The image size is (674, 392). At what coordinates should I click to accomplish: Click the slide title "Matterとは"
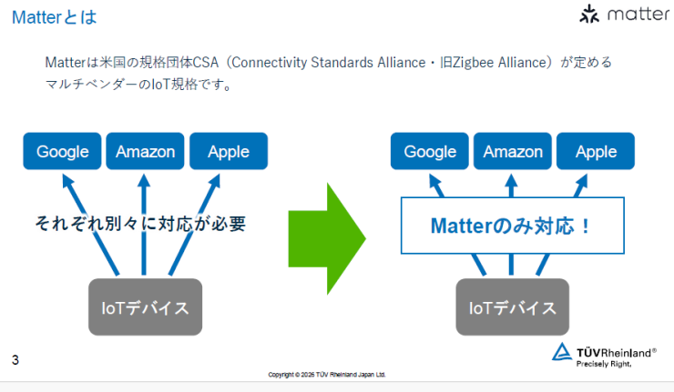(x=54, y=17)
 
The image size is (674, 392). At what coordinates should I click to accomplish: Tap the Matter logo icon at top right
(x=590, y=15)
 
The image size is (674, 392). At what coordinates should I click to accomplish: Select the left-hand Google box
(x=63, y=151)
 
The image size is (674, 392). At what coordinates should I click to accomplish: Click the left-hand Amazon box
(x=145, y=151)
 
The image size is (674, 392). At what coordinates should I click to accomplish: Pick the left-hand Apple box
(x=228, y=151)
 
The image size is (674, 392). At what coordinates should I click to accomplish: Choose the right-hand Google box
(x=430, y=151)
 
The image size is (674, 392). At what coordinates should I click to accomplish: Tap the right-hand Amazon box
(x=513, y=151)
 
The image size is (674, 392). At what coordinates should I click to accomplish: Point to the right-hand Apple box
(x=596, y=151)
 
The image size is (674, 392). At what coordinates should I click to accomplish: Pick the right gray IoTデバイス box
(x=513, y=307)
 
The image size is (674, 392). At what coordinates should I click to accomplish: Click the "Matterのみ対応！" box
(x=513, y=225)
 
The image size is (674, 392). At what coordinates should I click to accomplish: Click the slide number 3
(x=15, y=360)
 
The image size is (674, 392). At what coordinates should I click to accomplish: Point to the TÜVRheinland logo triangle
(x=563, y=352)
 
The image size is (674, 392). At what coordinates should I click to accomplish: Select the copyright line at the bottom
(x=327, y=374)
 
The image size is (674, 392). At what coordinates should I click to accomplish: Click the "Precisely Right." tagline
(x=604, y=364)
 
